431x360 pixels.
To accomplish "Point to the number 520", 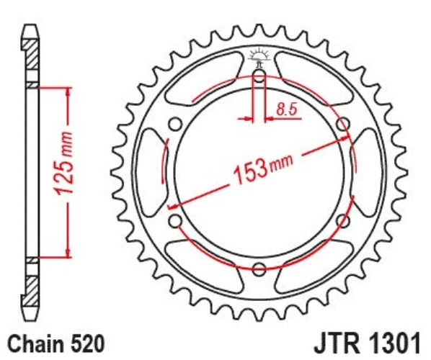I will pos(89,340).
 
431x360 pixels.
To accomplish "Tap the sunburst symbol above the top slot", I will pos(259,55).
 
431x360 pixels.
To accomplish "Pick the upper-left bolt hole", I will pos(174,123).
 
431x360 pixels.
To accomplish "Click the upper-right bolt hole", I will pos(344,123).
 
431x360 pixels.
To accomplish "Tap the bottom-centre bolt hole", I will pos(259,270).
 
